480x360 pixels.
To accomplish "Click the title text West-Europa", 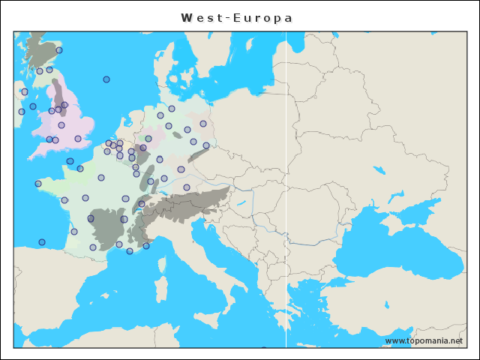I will pyautogui.click(x=237, y=17).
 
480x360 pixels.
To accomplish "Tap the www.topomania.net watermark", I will pyautogui.click(x=423, y=341).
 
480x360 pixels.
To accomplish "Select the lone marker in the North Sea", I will pyautogui.click(x=106, y=79).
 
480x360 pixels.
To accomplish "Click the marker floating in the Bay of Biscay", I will pyautogui.click(x=42, y=242).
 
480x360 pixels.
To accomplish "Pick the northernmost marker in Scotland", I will pyautogui.click(x=59, y=50).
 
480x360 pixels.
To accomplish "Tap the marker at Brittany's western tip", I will pyautogui.click(x=38, y=184).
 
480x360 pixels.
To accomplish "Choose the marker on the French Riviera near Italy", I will pyautogui.click(x=146, y=245).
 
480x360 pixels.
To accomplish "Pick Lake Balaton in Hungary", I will pyautogui.click(x=241, y=202).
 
